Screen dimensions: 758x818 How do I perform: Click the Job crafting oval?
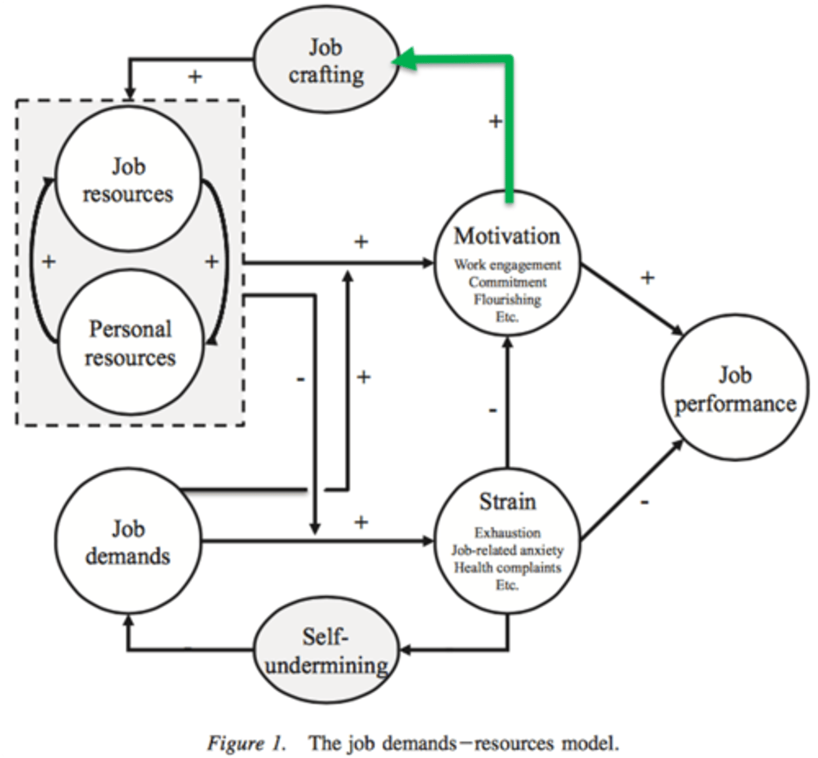tap(326, 61)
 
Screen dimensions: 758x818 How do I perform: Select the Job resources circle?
tap(128, 180)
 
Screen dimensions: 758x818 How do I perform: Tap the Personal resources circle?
tap(130, 343)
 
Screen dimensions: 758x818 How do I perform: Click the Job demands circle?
tap(128, 542)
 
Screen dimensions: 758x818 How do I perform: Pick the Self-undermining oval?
tap(326, 651)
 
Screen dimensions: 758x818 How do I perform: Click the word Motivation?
tap(507, 236)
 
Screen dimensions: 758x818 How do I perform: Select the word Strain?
tap(507, 502)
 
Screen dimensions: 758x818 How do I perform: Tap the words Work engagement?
tap(507, 265)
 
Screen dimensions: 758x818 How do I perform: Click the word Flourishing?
tap(507, 299)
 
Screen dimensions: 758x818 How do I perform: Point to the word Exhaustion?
tap(507, 532)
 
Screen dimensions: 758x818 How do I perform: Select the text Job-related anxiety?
tap(507, 550)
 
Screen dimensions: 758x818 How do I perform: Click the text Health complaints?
tap(507, 567)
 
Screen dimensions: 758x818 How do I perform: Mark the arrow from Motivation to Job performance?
tap(632, 299)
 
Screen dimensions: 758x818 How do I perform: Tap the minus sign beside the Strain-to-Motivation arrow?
tap(493, 411)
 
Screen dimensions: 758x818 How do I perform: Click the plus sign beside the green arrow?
tap(496, 121)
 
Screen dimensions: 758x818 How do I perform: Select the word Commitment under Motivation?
tap(507, 282)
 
